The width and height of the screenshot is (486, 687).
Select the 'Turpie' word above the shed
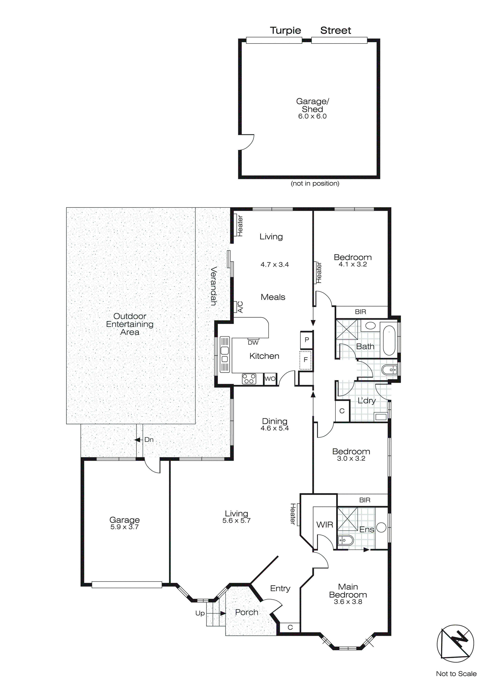click(x=285, y=31)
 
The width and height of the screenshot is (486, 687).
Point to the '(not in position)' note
click(x=315, y=184)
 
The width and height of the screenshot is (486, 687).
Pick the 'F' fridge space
click(x=306, y=360)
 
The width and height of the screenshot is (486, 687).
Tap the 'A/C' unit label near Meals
click(x=240, y=307)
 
